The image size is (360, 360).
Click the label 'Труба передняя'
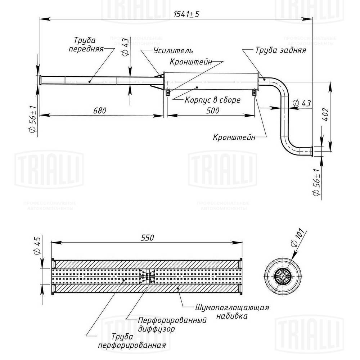(x=86, y=44)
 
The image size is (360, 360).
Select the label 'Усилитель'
(x=173, y=51)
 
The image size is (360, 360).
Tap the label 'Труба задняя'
(x=281, y=50)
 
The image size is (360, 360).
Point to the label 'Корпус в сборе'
(x=212, y=100)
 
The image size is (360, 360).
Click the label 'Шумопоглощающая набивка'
(x=232, y=312)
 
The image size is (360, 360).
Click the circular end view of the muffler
(x=283, y=277)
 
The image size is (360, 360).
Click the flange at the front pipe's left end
(x=41, y=80)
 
